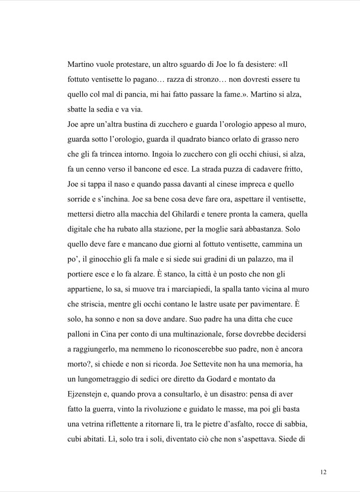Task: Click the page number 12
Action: pos(323,472)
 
